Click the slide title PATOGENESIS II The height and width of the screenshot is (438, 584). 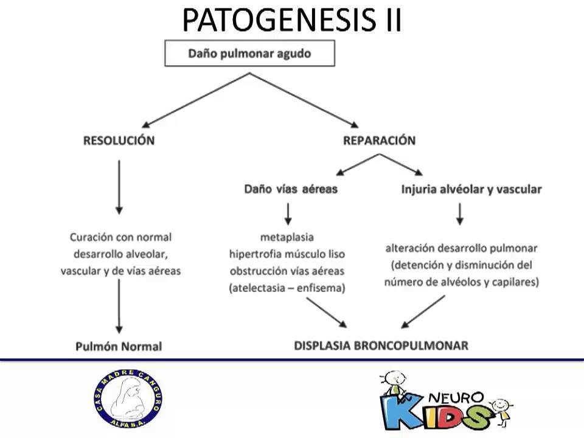point(292,20)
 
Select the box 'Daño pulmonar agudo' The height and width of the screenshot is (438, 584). point(249,54)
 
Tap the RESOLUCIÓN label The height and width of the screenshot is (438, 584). point(119,141)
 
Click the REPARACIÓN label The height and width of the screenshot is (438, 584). point(379,141)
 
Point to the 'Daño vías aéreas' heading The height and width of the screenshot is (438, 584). point(291,189)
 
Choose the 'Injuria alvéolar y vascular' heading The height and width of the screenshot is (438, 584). point(471,189)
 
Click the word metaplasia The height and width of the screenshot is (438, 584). point(287,237)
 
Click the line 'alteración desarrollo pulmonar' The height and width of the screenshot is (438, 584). point(462,248)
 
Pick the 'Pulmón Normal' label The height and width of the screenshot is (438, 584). point(119,347)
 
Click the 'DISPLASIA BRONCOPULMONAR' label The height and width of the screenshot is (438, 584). point(381,346)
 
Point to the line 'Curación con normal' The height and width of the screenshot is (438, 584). point(120,237)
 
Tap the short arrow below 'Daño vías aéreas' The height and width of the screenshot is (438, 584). point(288,213)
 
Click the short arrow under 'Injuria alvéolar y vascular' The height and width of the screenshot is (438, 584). point(461,213)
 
